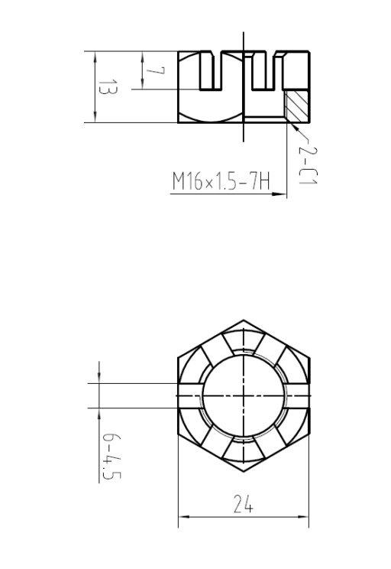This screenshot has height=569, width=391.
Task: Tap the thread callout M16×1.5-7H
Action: [x=221, y=182]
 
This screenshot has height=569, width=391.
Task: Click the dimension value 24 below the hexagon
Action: [x=244, y=506]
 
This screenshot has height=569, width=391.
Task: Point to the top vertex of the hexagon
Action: [x=244, y=320]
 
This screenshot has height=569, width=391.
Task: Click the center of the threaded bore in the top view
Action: [x=244, y=395]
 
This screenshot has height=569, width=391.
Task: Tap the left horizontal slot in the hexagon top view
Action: [x=189, y=395]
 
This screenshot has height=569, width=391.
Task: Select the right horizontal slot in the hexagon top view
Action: [x=298, y=395]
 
